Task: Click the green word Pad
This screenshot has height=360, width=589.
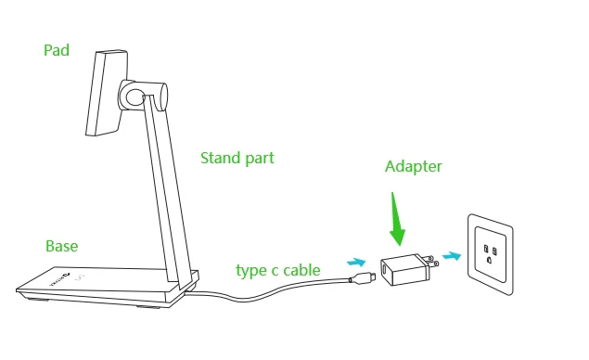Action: pos(57,50)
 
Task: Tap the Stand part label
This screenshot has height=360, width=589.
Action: pos(237,158)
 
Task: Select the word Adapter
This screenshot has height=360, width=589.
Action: pos(414,167)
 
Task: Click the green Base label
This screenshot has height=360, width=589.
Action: pos(62,246)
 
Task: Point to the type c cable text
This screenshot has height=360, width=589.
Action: pos(278,271)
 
